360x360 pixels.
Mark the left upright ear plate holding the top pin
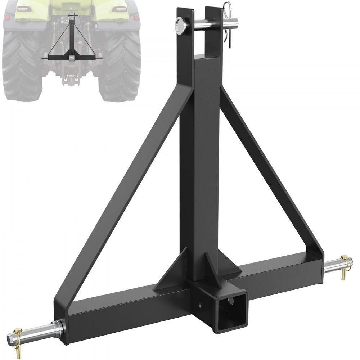pyautogui.click(x=184, y=40)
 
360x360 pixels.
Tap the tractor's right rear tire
pyautogui.click(x=121, y=65)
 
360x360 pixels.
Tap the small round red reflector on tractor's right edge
pyautogui.click(x=136, y=17)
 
